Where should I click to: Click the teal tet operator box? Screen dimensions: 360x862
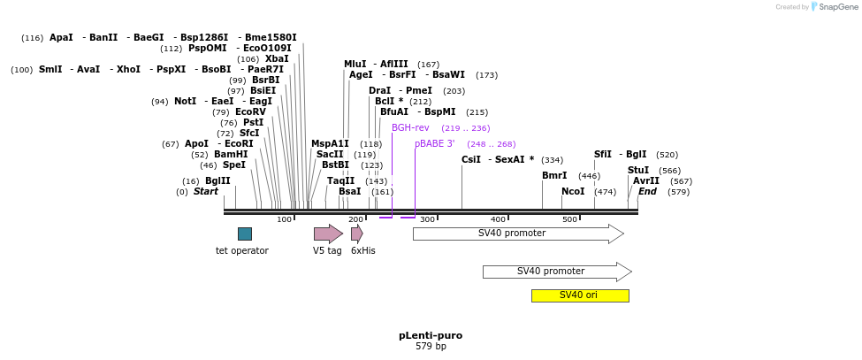(x=244, y=234)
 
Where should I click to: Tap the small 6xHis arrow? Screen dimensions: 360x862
(x=356, y=234)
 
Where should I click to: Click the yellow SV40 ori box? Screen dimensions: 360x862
(x=580, y=295)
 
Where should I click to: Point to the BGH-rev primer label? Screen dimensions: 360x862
(x=410, y=127)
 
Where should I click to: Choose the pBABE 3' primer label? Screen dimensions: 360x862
(x=434, y=143)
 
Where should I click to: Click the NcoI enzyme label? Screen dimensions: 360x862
(x=573, y=191)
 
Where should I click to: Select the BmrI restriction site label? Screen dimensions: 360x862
(x=554, y=175)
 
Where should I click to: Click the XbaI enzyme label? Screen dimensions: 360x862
(x=277, y=58)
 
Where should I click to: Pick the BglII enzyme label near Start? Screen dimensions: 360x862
(x=217, y=180)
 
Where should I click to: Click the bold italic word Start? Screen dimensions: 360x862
(x=205, y=191)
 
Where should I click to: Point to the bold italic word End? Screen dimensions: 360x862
(x=647, y=191)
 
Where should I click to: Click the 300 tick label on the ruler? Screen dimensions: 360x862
(x=427, y=219)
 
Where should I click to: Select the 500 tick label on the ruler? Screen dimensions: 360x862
(x=569, y=219)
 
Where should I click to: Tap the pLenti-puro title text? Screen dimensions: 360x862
(x=431, y=335)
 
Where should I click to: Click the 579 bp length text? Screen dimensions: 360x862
(x=431, y=346)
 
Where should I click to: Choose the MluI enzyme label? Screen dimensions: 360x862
(x=355, y=64)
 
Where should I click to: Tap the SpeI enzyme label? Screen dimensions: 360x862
(x=234, y=165)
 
